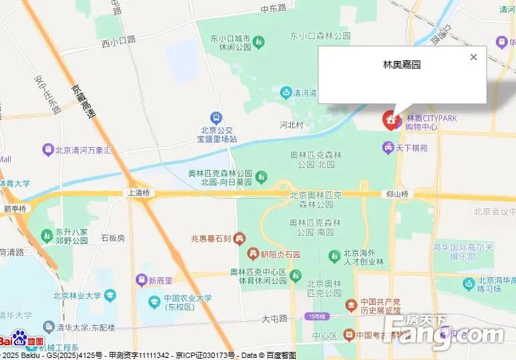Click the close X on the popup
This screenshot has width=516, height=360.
(474, 57)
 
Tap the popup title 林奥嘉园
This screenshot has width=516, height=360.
(402, 65)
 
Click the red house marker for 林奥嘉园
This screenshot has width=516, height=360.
(390, 120)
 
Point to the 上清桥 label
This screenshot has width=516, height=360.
(138, 193)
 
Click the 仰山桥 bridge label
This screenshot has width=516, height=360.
(397, 193)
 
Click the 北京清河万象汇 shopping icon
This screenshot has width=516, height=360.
(48, 150)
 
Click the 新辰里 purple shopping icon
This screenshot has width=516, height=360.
(142, 280)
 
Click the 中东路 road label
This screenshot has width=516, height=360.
(273, 7)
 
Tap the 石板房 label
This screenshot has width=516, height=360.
(112, 238)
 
